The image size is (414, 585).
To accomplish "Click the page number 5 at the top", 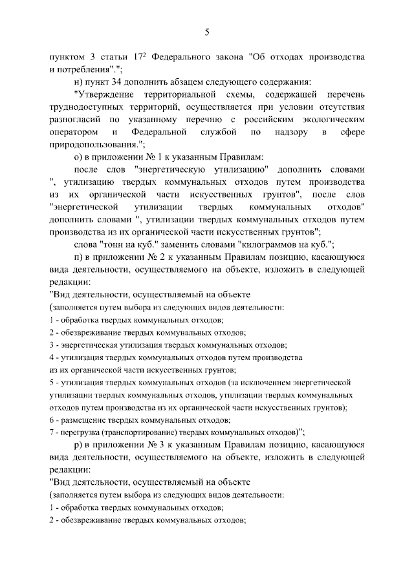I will (207, 32).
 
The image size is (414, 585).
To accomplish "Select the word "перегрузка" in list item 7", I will (80, 432).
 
